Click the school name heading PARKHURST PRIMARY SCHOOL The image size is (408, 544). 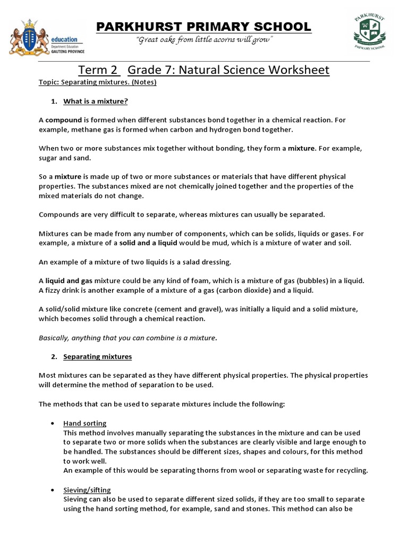(204, 27)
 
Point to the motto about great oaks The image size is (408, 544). (205, 41)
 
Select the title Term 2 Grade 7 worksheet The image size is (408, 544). (204, 70)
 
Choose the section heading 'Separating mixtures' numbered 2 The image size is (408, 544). (98, 356)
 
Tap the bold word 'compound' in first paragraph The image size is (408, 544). (64, 120)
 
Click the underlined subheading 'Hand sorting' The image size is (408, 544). (85, 423)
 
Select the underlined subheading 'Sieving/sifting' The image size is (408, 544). (87, 490)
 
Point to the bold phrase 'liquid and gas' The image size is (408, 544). (69, 280)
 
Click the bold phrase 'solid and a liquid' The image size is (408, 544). (149, 243)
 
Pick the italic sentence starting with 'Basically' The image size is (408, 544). (127, 337)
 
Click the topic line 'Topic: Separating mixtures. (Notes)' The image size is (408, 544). (98, 82)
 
